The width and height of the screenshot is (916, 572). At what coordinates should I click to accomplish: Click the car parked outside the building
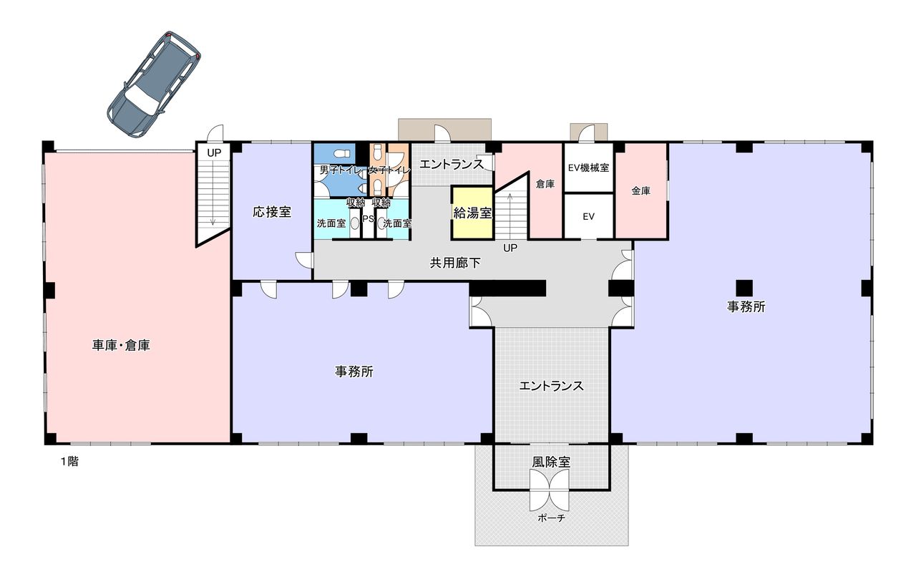pos(154,84)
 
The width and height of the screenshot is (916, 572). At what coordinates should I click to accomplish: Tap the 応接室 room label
pos(272,212)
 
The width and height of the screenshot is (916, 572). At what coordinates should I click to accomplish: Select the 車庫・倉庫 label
pos(121,345)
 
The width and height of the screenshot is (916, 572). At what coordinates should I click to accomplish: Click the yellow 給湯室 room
pos(472,213)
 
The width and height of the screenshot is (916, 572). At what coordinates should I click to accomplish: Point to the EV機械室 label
pos(588,168)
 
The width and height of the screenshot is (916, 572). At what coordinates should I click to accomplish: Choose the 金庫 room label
pos(640,190)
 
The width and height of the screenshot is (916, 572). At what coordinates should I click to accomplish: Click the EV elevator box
pos(588,215)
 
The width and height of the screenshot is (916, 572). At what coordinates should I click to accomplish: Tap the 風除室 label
pos(551,462)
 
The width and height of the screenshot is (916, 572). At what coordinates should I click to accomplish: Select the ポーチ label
pos(551,518)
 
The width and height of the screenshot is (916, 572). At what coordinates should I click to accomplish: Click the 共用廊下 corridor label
pos(455,263)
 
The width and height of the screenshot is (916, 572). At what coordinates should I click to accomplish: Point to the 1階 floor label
pos(69,462)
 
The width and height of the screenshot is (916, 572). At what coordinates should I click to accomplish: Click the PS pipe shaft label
pos(368,219)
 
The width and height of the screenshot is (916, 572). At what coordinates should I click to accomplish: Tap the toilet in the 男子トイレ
pos(342,154)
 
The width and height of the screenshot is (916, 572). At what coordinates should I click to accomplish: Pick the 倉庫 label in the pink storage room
pos(545,185)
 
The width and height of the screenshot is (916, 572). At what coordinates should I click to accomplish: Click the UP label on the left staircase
pos(214,153)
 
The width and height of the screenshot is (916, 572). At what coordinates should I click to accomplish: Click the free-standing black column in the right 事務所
pos(744,288)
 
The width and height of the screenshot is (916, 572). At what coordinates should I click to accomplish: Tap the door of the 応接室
pos(304,260)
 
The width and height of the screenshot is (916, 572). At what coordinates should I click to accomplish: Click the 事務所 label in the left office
pos(354,372)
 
